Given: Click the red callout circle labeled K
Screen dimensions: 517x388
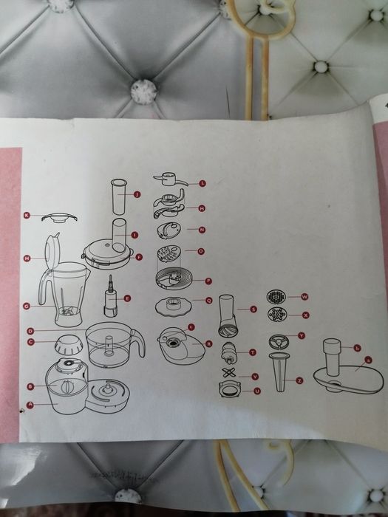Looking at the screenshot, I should tap(27, 216).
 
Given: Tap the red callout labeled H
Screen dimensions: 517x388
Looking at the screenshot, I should tap(27, 258).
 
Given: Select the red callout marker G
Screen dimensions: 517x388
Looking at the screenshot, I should tap(27, 305).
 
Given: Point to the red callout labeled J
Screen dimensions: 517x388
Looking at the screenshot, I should tap(137, 194).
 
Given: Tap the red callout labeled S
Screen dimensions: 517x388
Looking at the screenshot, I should tap(253, 309).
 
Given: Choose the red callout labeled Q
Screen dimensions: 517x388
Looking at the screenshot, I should tap(209, 300).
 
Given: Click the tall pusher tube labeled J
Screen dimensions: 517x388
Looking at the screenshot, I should tap(118, 196).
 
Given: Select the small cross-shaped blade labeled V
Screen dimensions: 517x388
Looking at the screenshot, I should tap(230, 372).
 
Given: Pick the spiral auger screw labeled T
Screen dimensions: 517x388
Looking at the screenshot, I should tap(229, 354).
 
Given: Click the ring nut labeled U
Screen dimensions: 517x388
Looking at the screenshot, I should tap(230, 389).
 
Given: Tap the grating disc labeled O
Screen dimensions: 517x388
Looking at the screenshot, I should tap(168, 257).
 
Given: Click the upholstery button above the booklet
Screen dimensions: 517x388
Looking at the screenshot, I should tap(143, 90).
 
